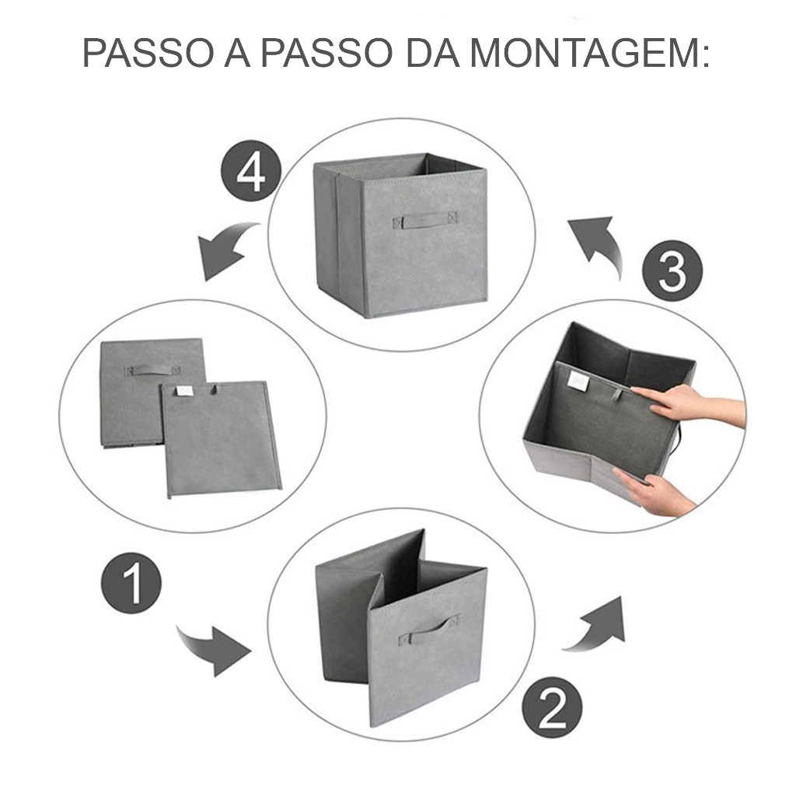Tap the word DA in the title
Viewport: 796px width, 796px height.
tap(433, 52)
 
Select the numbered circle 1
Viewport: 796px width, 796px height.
tap(131, 583)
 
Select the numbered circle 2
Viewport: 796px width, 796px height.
tap(552, 707)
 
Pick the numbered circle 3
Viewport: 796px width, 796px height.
tap(672, 271)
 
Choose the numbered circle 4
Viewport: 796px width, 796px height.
tap(251, 170)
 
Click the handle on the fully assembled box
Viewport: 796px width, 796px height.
tap(424, 220)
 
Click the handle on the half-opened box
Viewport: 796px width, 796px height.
tap(428, 630)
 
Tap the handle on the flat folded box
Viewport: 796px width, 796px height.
tap(152, 370)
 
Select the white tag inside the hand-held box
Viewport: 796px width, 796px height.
tap(578, 381)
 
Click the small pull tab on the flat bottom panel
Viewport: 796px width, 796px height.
tap(215, 389)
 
